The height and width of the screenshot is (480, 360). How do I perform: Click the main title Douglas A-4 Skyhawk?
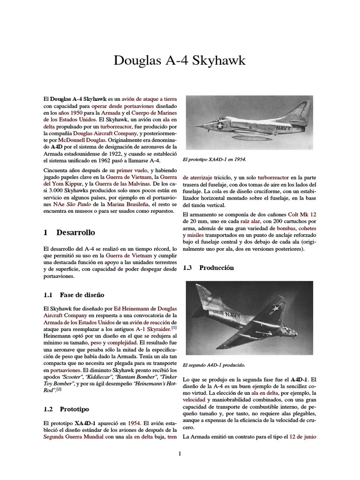coord(180,61)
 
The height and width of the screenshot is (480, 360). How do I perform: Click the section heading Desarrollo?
coord(75,232)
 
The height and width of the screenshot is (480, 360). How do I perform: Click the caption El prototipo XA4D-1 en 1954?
coord(214,159)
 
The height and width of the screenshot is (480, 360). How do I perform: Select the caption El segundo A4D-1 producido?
coord(213,364)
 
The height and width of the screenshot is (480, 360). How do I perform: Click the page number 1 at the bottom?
coord(180,453)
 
